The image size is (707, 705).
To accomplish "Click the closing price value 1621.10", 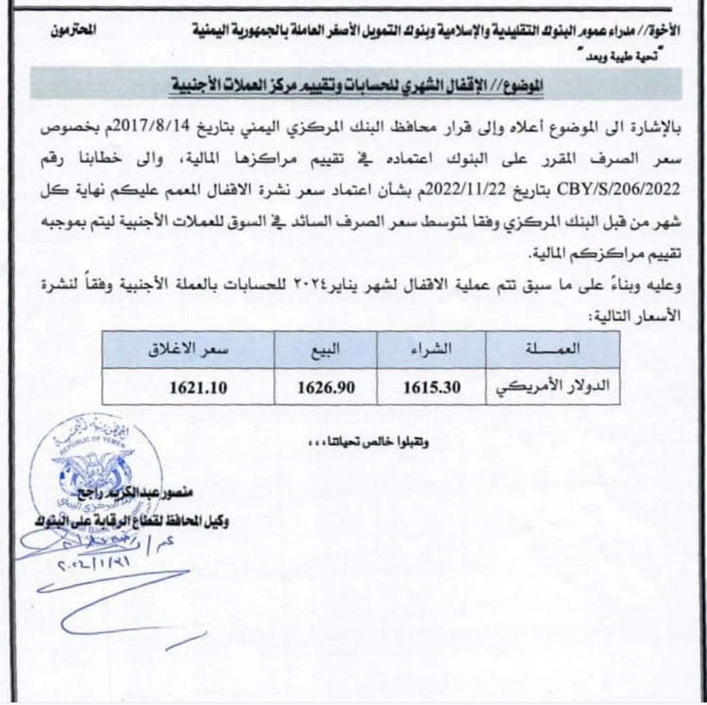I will pos(198,388).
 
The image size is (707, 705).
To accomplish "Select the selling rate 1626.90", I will pos(326,388).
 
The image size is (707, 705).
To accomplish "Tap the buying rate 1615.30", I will pos(431,388).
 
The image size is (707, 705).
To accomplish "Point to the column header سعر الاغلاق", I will pos(189,350).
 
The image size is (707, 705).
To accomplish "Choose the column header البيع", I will pos(325,350).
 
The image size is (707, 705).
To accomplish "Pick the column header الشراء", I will pos(431,350).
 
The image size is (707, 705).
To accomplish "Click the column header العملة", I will pos(561,350).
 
